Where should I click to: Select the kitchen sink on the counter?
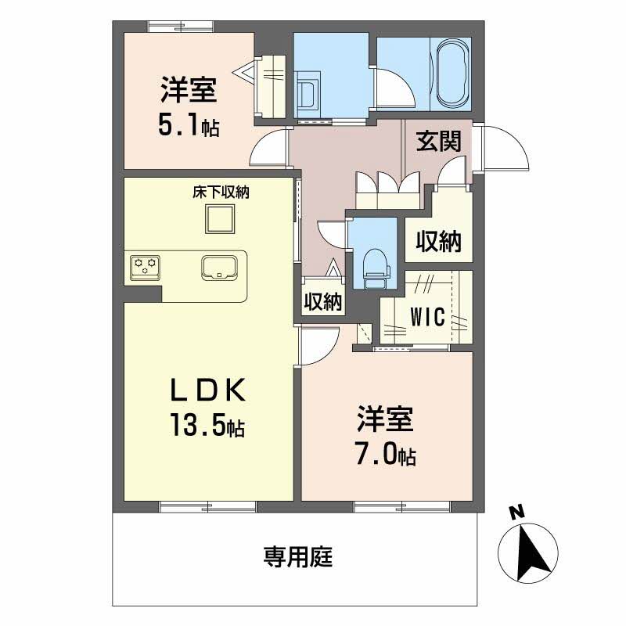pyautogui.click(x=219, y=268)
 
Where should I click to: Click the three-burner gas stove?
pyautogui.click(x=144, y=267)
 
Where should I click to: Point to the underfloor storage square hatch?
pyautogui.click(x=220, y=218)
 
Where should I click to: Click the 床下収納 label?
pyautogui.click(x=221, y=192)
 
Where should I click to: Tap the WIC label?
pyautogui.click(x=428, y=318)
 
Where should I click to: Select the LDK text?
pyautogui.click(x=210, y=389)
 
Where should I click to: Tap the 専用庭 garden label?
pyautogui.click(x=298, y=557)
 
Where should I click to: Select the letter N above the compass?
pyautogui.click(x=516, y=513)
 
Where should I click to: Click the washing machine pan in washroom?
pyautogui.click(x=311, y=92)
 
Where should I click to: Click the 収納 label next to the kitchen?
pyautogui.click(x=322, y=301)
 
